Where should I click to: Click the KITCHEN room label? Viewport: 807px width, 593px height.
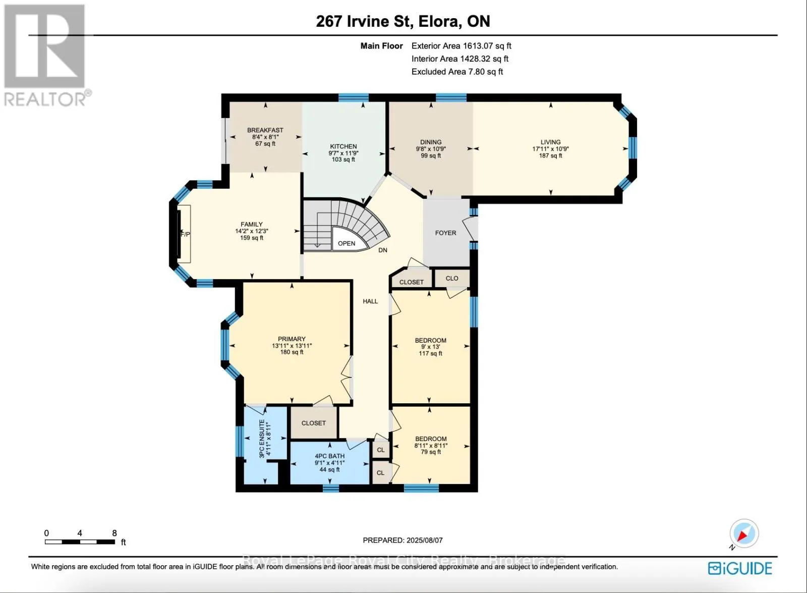[343, 146]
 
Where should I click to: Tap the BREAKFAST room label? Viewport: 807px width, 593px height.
[265, 130]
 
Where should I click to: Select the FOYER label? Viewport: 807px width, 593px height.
[446, 233]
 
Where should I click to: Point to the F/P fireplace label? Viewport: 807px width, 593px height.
[185, 234]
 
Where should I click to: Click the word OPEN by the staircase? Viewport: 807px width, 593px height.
[347, 243]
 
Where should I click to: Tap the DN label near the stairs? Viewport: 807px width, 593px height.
[383, 250]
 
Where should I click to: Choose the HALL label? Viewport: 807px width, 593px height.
[370, 301]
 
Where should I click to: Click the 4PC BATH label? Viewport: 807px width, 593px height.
[330, 456]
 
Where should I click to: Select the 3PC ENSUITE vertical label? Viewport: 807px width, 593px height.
[262, 439]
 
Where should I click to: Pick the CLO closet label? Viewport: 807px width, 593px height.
[452, 278]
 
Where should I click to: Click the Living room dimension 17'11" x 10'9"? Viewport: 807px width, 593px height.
[550, 149]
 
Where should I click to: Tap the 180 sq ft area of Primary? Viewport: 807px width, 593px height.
[292, 352]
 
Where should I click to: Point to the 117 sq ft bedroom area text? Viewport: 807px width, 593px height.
[431, 353]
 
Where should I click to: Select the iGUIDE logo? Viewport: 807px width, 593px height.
[740, 568]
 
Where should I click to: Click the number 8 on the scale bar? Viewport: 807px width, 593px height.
[114, 533]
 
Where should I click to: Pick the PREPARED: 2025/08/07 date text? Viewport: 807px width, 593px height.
[403, 540]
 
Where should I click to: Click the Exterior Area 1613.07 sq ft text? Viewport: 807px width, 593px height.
[461, 46]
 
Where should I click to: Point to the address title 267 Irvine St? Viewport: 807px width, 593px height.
[364, 21]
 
